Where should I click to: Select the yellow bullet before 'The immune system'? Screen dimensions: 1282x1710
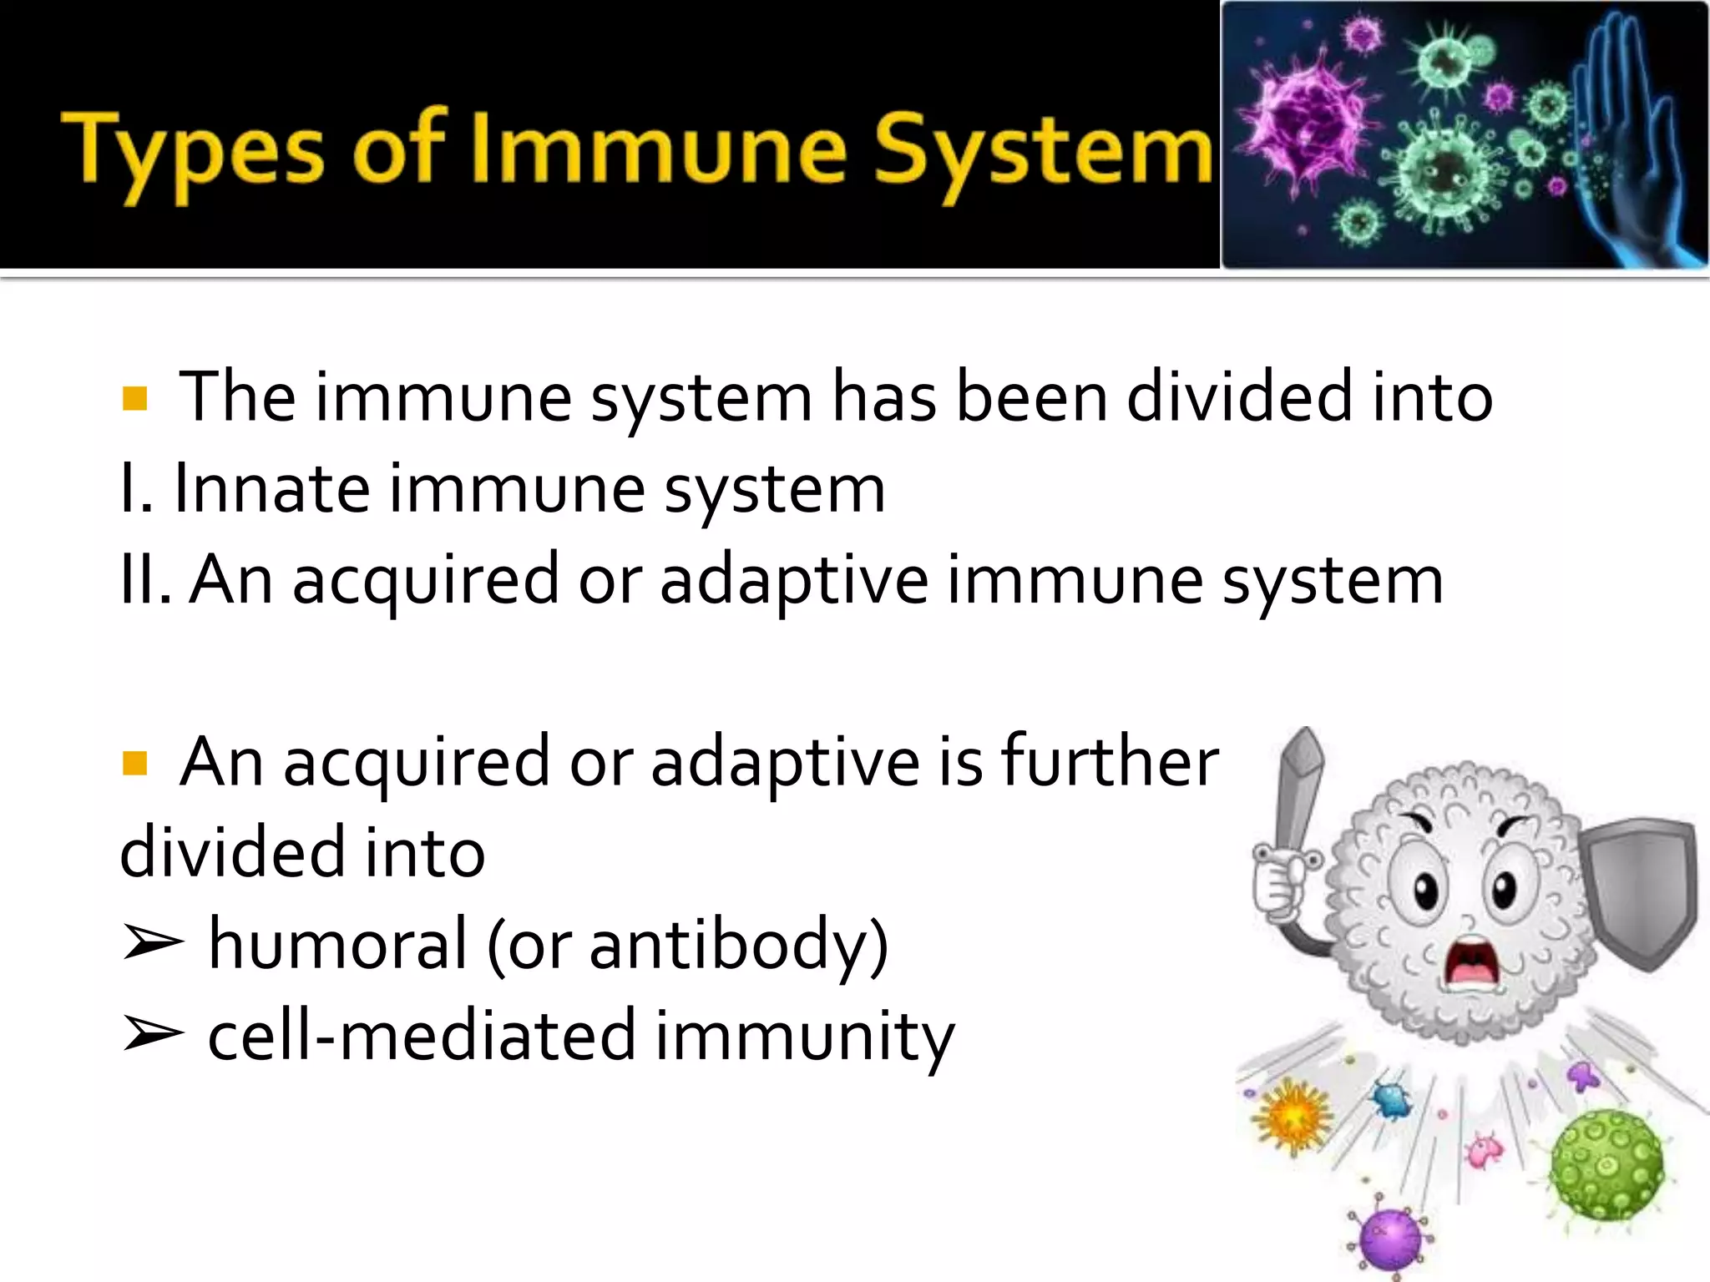tap(134, 399)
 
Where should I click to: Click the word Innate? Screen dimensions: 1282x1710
tap(271, 489)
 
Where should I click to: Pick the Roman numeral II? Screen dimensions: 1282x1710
tap(144, 580)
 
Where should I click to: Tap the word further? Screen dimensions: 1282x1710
tap(1110, 761)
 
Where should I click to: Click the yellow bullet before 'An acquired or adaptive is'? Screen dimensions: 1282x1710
tap(134, 763)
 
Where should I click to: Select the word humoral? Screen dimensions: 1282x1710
tap(337, 943)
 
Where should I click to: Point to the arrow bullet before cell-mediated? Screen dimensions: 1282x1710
tap(152, 1035)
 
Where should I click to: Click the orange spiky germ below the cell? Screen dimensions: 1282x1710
tap(1293, 1117)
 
